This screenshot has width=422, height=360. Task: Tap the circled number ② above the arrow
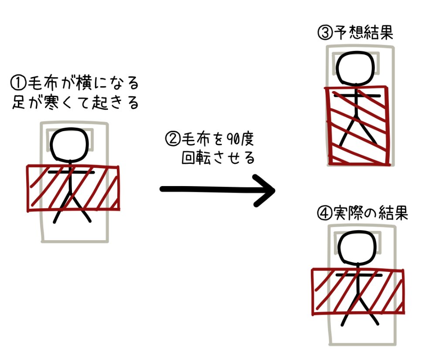[171, 140]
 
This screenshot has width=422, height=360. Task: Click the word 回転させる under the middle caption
[218, 158]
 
